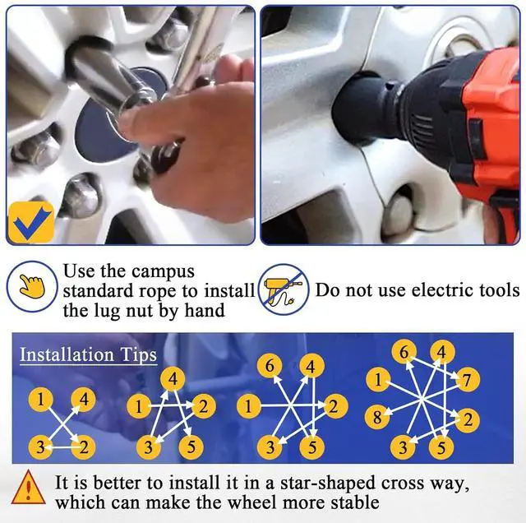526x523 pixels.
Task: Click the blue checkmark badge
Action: [x=31, y=222]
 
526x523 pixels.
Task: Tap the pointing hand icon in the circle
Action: [x=32, y=286]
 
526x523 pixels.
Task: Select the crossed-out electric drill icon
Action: [x=284, y=289]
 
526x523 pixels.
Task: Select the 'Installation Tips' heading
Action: [x=88, y=354]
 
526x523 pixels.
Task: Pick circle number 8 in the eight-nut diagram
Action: [x=377, y=417]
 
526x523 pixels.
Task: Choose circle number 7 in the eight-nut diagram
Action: [x=468, y=380]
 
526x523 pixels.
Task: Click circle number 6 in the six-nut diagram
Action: [x=270, y=366]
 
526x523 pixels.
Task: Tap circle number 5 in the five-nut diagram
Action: [x=191, y=447]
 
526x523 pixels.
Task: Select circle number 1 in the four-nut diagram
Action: [x=41, y=400]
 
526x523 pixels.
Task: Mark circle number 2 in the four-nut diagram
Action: [x=84, y=447]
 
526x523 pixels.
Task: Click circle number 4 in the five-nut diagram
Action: [x=173, y=379]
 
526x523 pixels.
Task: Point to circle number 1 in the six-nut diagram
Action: [x=248, y=406]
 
